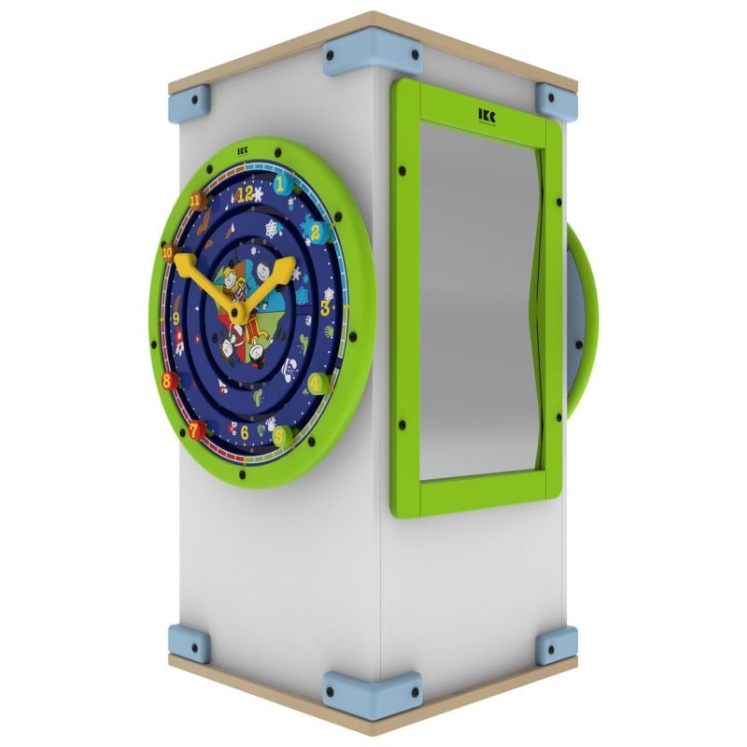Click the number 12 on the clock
246,194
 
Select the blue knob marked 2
316,233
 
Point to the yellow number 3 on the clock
327,307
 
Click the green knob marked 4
317,383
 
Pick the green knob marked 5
276,433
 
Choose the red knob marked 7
196,430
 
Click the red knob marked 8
169,380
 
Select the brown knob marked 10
167,252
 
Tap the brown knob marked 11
195,200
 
